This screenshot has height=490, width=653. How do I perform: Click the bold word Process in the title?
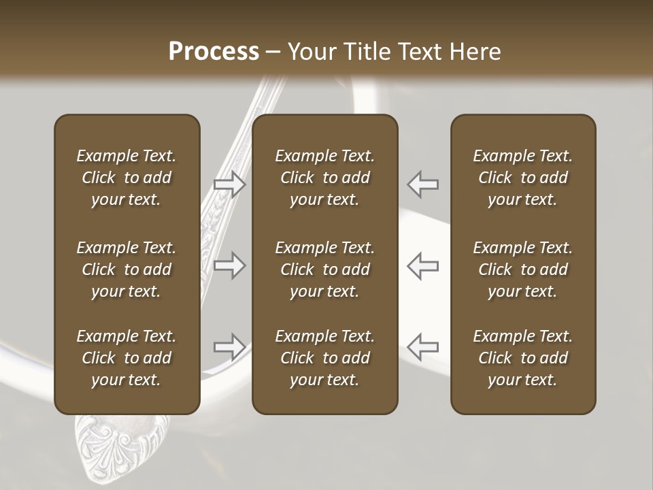[214, 52]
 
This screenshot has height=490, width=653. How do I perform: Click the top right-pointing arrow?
[230, 184]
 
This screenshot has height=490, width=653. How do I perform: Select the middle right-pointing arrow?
[230, 265]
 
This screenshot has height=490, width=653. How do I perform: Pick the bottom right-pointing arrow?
[230, 347]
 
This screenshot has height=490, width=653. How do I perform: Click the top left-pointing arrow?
[423, 184]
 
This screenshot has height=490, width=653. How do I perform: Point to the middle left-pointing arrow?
[423, 265]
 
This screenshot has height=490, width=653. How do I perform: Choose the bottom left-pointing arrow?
[423, 347]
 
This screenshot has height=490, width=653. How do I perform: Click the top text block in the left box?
[127, 178]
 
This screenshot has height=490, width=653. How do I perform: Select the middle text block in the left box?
[127, 269]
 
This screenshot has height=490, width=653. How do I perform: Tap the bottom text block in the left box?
[127, 358]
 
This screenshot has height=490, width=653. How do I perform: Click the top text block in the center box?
[325, 178]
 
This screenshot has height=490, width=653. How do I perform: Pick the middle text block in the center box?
[325, 269]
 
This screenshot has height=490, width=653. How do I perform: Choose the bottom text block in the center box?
[325, 358]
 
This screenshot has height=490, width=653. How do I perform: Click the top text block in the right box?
[523, 178]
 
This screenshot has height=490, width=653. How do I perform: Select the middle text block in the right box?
[523, 269]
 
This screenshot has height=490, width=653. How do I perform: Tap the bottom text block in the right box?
[523, 358]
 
